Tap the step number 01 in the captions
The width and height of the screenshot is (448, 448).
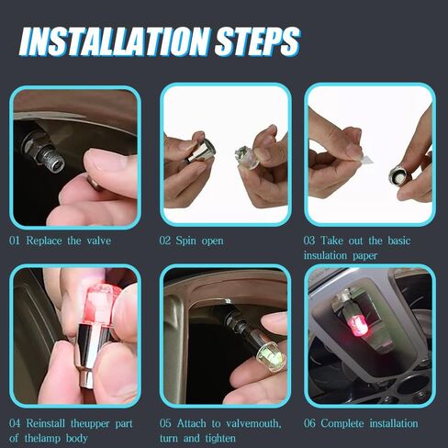pos(17,241)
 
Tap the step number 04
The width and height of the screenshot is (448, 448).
pos(17,423)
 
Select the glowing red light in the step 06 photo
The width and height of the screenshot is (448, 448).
pos(361,324)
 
